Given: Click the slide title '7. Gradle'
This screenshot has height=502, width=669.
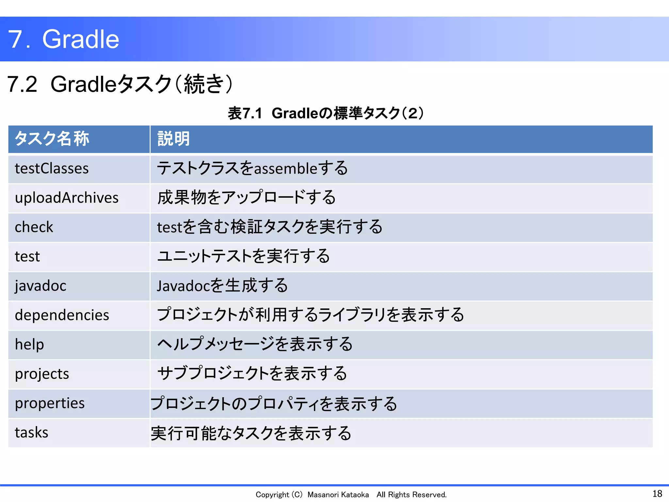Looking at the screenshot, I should pos(64,39).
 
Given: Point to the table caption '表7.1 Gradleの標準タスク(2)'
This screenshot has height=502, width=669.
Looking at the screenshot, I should pos(326,113).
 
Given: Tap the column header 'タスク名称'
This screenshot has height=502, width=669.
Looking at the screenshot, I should pos(52,139).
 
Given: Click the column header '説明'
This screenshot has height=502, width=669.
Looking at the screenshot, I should pos(173,139).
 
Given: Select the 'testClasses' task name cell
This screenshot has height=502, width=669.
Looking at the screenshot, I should pos(52,169).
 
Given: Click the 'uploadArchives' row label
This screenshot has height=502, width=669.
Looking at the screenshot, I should pos(67,198).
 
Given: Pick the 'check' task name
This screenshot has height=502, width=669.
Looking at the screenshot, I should pos(34,227).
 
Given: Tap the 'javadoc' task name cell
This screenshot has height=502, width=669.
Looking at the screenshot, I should pos(41,286).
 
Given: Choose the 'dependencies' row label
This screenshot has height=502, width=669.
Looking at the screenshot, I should pos(62,315).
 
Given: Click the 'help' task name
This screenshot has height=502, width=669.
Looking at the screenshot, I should pos(29,344).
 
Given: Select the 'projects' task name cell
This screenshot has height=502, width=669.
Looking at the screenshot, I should pos(42,374).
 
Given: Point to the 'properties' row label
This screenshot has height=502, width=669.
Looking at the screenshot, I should pos(50,403).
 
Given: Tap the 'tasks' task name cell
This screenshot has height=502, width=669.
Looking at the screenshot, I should pos(31,433).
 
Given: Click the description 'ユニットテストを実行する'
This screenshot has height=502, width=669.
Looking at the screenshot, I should pos(243,256).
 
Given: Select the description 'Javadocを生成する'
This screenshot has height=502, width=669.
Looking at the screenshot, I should pos(222,286).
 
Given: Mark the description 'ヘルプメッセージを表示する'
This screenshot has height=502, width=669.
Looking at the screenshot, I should pos(255,344).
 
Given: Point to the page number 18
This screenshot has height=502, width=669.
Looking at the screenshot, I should pos(657,494).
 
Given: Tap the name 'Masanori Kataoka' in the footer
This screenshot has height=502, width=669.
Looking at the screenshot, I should pos(338,495).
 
